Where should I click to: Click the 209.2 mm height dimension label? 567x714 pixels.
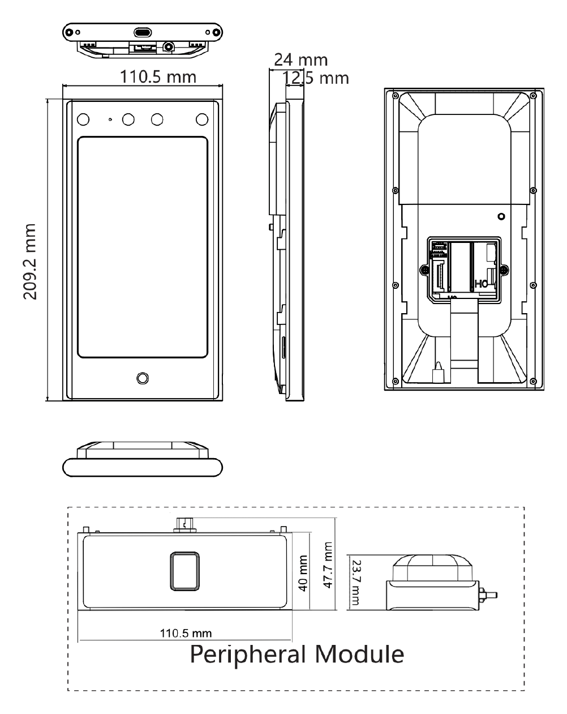click(x=30, y=262)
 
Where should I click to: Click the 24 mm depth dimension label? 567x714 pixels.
click(x=300, y=60)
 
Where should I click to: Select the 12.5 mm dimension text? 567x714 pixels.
click(x=315, y=78)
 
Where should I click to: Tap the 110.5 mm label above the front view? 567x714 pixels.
click(x=158, y=76)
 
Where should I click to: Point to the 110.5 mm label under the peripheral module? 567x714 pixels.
click(x=186, y=634)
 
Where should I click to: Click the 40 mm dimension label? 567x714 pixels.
click(x=303, y=573)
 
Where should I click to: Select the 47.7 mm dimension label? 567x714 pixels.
click(x=328, y=565)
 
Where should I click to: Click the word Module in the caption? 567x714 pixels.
click(x=359, y=655)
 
